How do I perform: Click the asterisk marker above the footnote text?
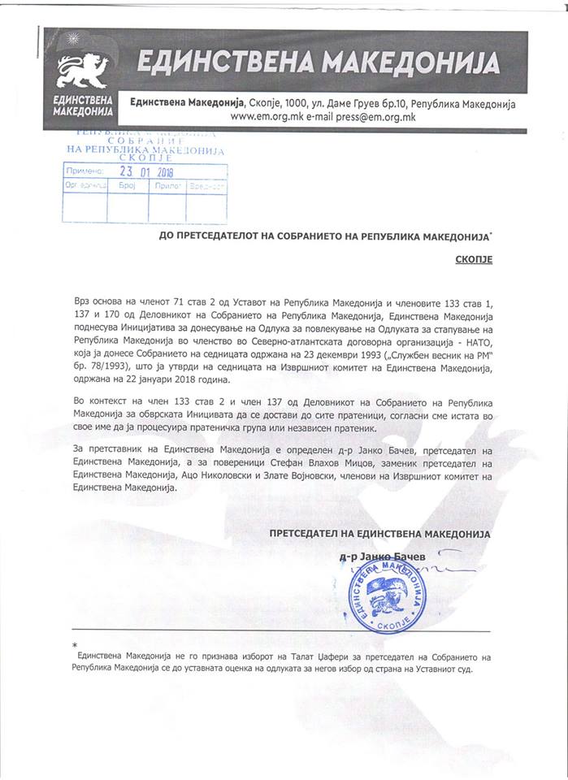coord(74,643)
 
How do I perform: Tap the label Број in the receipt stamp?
coord(126,186)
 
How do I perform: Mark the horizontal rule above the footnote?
coord(281,630)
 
